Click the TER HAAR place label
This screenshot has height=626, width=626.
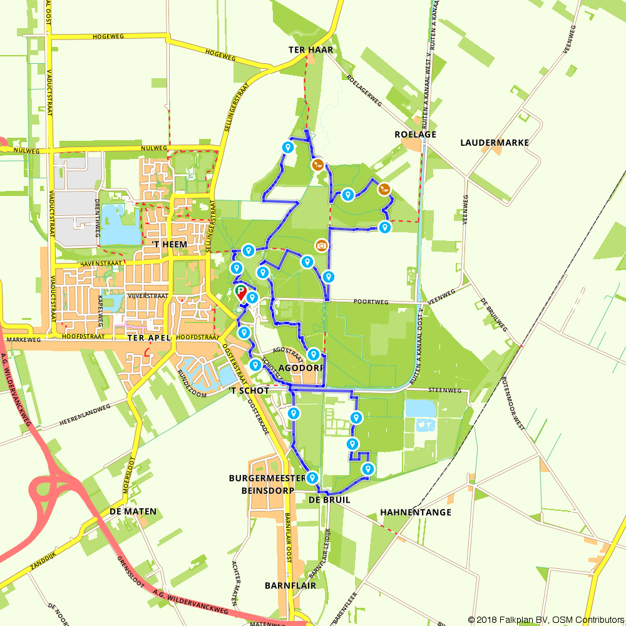pos(310,49)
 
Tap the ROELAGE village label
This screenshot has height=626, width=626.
pos(415,135)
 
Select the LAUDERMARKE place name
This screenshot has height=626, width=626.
pos(495,143)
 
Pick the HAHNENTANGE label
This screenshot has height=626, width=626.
pos(415,512)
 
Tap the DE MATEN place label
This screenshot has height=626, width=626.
pos(133,511)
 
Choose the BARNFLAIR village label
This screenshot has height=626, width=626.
pos(290,586)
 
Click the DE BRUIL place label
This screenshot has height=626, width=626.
pos(329,500)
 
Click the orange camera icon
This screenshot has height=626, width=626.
pos(321,245)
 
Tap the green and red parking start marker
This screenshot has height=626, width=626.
pos(241,292)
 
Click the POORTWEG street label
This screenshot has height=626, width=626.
pos(371,302)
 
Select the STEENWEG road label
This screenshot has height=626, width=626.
pos(444,390)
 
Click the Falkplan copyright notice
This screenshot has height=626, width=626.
pos(546,620)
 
